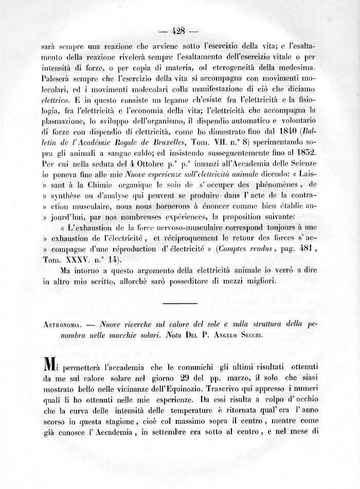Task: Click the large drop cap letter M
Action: click(x=50, y=366)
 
